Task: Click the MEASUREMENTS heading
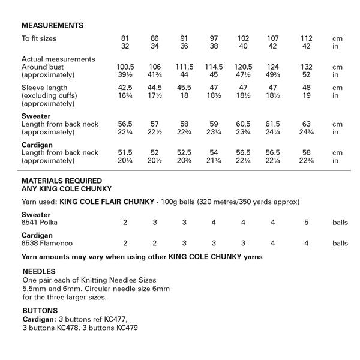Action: coord(52,26)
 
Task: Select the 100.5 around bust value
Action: coord(125,67)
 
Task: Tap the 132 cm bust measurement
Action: coord(307,67)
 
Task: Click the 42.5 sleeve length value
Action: coord(125,88)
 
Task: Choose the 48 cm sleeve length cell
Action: coord(307,88)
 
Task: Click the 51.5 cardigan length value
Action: coord(125,152)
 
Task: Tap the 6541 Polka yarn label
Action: coord(42,223)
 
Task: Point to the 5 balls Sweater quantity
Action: coord(307,223)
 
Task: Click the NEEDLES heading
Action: coord(38,271)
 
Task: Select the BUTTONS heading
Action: coord(40,311)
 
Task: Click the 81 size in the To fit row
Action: coord(125,38)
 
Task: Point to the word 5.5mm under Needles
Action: coord(34,288)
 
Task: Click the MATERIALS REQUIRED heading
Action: coord(62,180)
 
